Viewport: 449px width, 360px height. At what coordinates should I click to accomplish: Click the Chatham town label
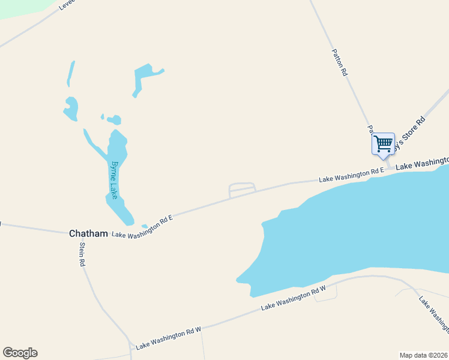click(88, 233)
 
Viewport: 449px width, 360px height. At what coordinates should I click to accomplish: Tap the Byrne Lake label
click(113, 179)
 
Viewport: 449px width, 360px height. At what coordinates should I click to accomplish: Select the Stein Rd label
click(81, 256)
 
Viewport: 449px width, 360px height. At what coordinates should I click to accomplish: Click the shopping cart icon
click(383, 144)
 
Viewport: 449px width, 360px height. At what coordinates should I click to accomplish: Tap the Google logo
click(20, 353)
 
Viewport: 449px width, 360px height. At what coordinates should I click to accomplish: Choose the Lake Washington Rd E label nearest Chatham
click(142, 226)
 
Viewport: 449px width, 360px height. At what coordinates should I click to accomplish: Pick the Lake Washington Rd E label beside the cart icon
click(351, 175)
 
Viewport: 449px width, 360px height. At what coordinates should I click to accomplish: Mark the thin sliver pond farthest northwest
click(71, 74)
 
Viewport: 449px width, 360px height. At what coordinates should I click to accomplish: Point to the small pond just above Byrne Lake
click(113, 120)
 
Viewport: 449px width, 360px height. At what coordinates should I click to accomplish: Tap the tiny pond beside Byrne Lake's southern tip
click(144, 226)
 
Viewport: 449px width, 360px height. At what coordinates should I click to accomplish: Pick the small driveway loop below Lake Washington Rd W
click(325, 295)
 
